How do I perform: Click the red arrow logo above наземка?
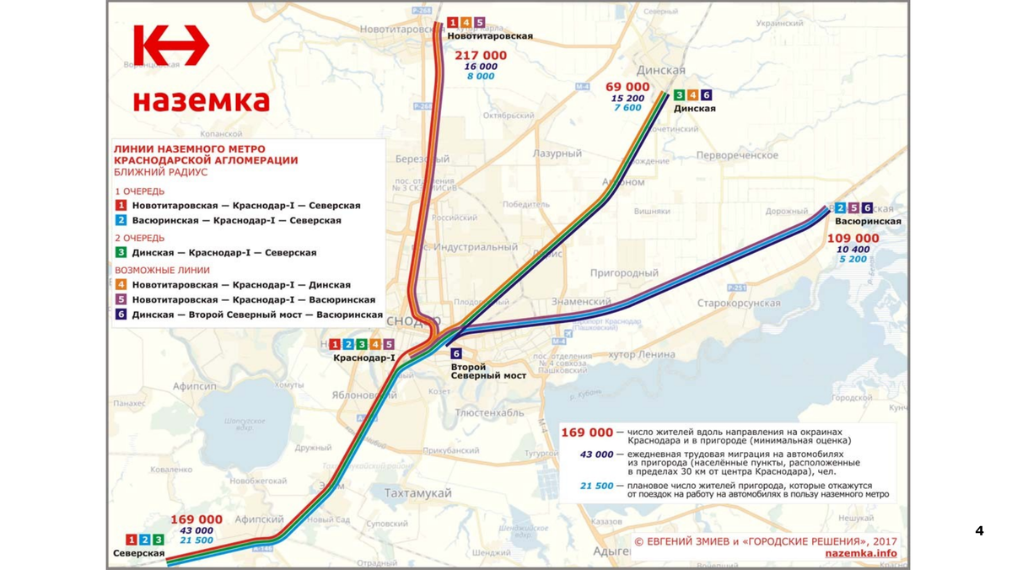click(171, 46)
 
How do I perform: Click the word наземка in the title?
click(201, 101)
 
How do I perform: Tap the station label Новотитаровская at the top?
click(489, 36)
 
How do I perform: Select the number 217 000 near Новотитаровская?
click(481, 56)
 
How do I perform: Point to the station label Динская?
click(694, 109)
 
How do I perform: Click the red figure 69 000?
click(627, 87)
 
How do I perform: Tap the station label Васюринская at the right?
click(867, 222)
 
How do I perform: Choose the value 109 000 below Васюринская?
click(853, 239)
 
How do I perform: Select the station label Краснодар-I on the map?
click(363, 358)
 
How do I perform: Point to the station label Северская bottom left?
click(138, 553)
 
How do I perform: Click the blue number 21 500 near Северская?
click(196, 540)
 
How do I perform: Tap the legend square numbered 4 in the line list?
click(121, 285)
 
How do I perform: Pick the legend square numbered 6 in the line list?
click(121, 315)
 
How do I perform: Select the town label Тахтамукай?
click(417, 493)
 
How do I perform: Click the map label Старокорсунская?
click(738, 303)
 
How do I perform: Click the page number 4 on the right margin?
click(979, 530)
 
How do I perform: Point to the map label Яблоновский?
click(363, 395)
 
